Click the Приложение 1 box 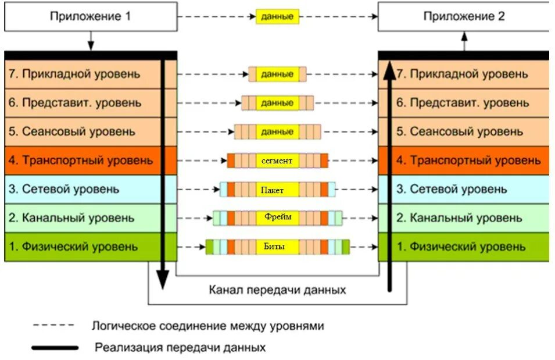pyautogui.click(x=90, y=16)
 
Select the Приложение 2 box pyautogui.click(x=463, y=16)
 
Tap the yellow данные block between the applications pyautogui.click(x=277, y=17)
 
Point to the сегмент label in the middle pyautogui.click(x=277, y=160)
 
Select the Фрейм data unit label pyautogui.click(x=277, y=218)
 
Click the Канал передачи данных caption pyautogui.click(x=277, y=289)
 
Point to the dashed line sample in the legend pyautogui.click(x=53, y=326)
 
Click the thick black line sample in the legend pyautogui.click(x=55, y=348)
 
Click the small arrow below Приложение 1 pyautogui.click(x=91, y=42)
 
